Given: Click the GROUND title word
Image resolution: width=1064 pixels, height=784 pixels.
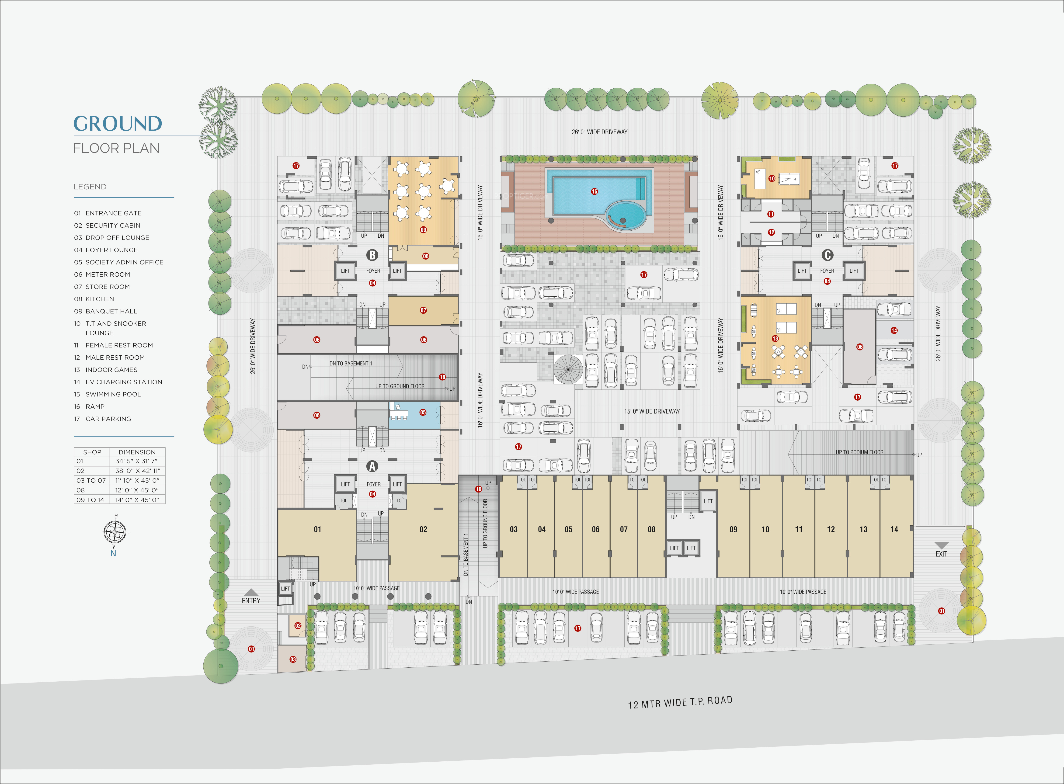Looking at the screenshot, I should tap(118, 124).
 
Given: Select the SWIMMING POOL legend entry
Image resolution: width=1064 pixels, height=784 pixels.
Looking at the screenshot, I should tap(113, 394).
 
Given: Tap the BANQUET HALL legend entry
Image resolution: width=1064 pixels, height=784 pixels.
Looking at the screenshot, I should tap(111, 311).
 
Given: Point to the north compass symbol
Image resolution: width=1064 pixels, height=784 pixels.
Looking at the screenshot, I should tap(115, 531).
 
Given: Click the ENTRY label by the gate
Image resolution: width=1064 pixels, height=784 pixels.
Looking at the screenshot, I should tap(251, 601).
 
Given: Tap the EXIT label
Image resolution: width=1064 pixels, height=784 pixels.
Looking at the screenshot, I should tap(941, 554).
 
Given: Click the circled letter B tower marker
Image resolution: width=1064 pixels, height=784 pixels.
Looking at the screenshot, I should tap(372, 255).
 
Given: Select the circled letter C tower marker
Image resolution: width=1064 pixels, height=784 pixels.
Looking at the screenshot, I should tap(827, 255).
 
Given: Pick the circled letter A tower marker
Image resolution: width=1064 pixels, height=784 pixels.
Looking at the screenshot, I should tap(372, 467).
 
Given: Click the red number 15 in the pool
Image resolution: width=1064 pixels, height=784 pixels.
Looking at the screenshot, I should tap(594, 192).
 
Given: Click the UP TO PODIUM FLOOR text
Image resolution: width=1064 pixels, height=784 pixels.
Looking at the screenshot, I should tap(859, 452).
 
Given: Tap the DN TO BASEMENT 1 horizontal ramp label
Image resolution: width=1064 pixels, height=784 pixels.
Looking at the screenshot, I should tap(351, 364).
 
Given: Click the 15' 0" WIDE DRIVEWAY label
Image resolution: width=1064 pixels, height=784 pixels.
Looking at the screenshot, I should tap(652, 411).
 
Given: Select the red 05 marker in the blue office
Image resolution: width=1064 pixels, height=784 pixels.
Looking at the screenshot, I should tap(423, 413).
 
